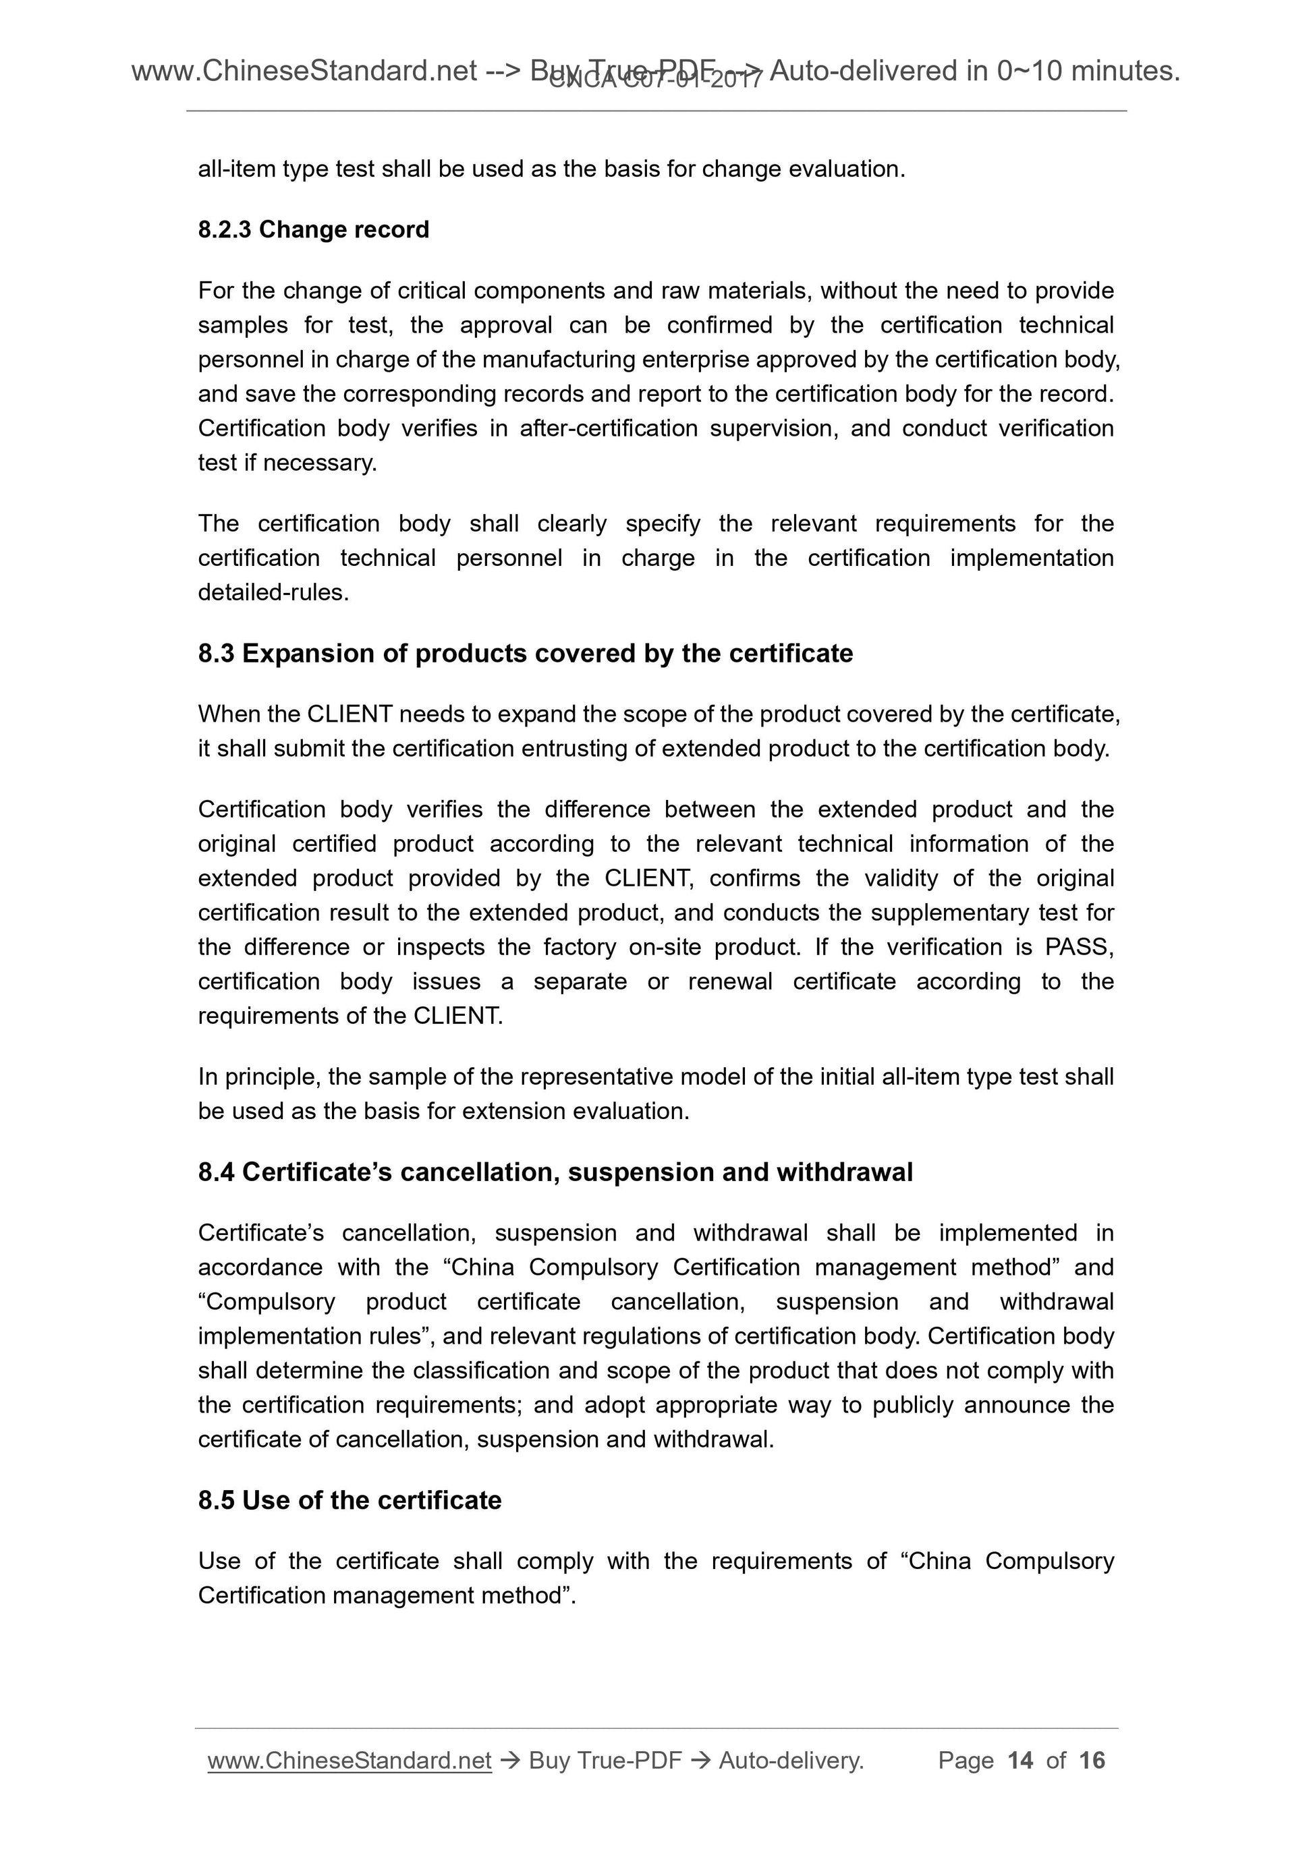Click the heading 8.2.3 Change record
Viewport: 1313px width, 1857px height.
(313, 230)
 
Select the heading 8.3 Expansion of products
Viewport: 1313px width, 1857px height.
(525, 653)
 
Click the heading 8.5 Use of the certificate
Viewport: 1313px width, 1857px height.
(350, 1500)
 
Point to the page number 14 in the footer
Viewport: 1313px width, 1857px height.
(1020, 1760)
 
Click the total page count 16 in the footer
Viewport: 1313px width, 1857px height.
(1091, 1760)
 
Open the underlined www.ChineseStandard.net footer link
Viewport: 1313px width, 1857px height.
(349, 1761)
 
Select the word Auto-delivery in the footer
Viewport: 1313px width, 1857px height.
(790, 1761)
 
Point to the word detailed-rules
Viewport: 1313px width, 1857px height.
(273, 593)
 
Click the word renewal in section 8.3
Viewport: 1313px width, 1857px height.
(730, 982)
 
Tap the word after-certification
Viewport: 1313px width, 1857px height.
(609, 428)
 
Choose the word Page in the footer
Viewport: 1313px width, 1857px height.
(965, 1760)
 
